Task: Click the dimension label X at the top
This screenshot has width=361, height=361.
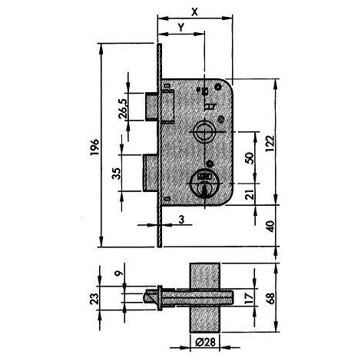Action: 195,12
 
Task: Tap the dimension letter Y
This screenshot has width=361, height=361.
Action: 181,28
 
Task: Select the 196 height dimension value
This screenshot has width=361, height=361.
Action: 94,147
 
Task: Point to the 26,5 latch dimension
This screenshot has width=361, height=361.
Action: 123,108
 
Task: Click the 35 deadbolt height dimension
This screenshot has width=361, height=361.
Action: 117,174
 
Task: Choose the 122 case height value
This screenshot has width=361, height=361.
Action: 270,143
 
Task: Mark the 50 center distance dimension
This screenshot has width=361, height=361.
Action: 250,158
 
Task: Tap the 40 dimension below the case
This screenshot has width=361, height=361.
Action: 270,226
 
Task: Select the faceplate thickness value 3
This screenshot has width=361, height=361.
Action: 181,220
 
